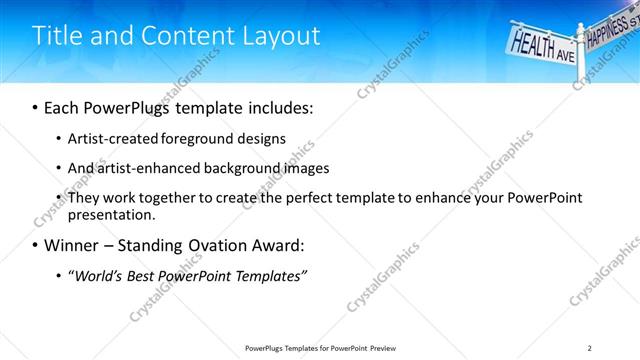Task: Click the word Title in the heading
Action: pyautogui.click(x=57, y=36)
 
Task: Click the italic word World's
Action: pyautogui.click(x=99, y=275)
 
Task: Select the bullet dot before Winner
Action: pyautogui.click(x=36, y=245)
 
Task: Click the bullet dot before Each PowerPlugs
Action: pyautogui.click(x=36, y=107)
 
